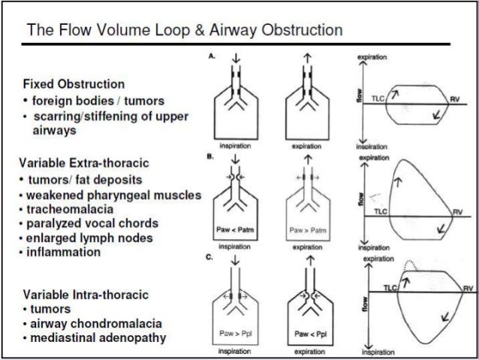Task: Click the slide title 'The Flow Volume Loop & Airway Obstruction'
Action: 185,31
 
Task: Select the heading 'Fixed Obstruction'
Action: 74,83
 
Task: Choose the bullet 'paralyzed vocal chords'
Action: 94,224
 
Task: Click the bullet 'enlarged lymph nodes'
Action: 91,238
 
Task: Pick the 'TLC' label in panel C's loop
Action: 390,288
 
